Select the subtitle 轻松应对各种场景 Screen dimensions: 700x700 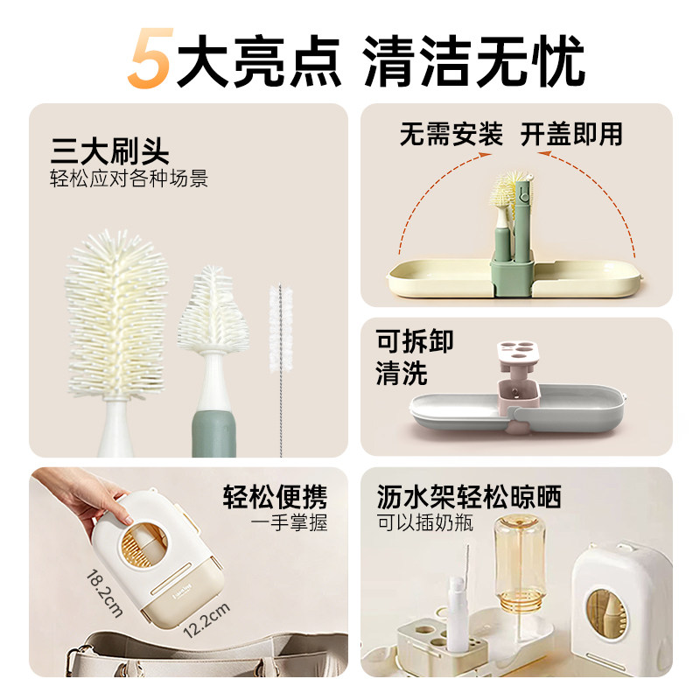pyautogui.click(x=129, y=181)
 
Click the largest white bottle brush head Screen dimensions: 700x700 pyautogui.click(x=116, y=311)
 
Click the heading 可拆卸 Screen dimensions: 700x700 pyautogui.click(x=415, y=340)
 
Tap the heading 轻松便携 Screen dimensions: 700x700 pyautogui.click(x=275, y=498)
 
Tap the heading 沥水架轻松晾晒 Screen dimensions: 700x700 pyautogui.click(x=469, y=498)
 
